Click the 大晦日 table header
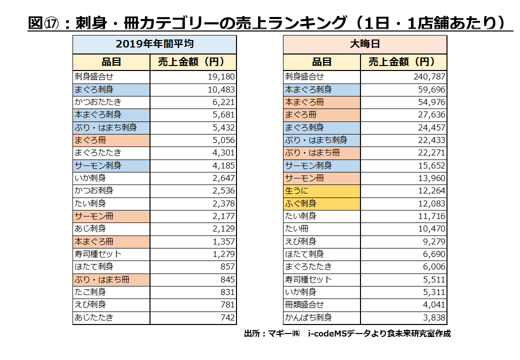click(365, 44)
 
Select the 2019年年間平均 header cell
click(154, 44)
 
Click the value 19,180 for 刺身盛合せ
click(220, 77)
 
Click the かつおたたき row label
click(97, 102)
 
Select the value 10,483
click(220, 89)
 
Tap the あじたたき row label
click(94, 317)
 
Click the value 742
click(227, 317)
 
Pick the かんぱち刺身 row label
click(308, 317)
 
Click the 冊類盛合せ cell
click(304, 304)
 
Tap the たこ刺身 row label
click(90, 292)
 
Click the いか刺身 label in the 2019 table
click(90, 178)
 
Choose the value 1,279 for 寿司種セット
click(224, 254)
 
